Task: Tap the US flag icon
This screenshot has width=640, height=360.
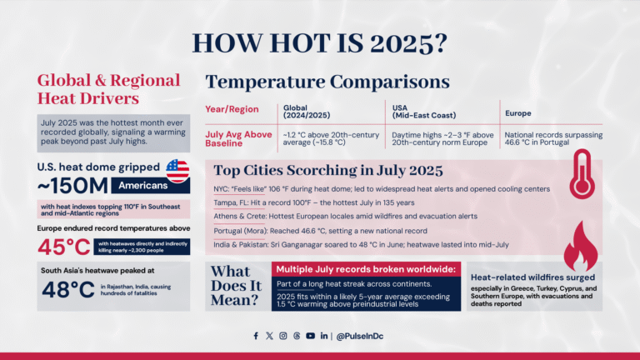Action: (x=177, y=171)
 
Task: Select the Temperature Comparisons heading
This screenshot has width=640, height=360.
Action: (x=327, y=82)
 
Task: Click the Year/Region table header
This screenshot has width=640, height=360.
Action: (x=231, y=109)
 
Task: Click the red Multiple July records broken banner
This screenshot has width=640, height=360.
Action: (x=366, y=270)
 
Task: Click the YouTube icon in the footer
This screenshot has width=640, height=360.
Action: (x=310, y=336)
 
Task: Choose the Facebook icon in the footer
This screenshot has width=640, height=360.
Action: (x=256, y=336)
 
